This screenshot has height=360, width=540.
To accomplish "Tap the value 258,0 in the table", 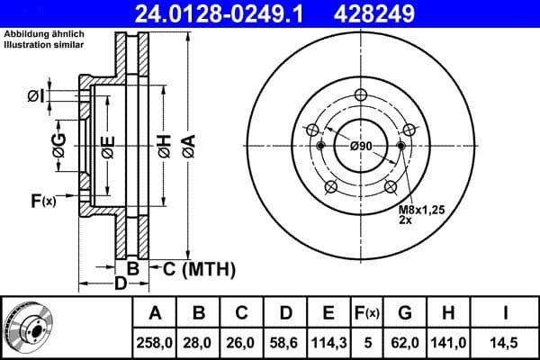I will [155, 341].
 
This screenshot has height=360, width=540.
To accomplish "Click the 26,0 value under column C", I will [242, 341].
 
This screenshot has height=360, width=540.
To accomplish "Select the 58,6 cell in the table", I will [285, 341].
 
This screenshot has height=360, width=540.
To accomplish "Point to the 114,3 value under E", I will [328, 341].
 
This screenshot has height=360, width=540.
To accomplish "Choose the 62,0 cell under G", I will [405, 341].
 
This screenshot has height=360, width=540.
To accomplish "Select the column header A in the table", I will [155, 313].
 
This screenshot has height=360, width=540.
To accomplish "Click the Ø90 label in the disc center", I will [361, 146].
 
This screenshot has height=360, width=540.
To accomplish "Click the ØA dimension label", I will [188, 147].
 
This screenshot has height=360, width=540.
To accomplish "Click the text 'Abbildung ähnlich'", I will [44, 34].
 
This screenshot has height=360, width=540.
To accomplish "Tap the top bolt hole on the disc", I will [361, 97].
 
